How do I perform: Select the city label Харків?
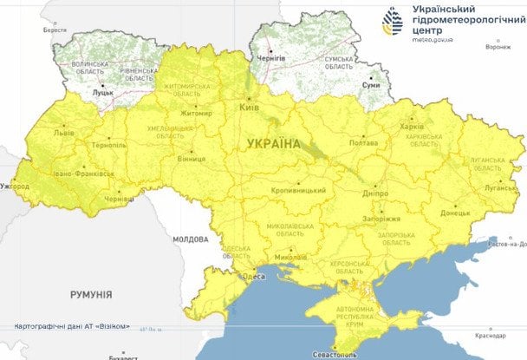point(413,124)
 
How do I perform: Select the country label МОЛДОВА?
point(189,239)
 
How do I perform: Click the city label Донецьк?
point(454,212)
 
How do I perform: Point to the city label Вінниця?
point(192,160)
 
